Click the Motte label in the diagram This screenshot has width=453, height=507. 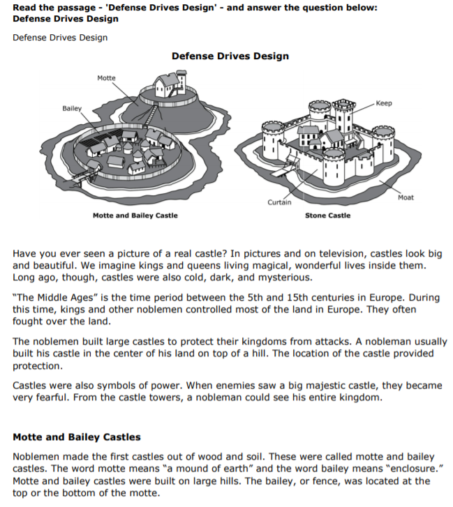(x=107, y=78)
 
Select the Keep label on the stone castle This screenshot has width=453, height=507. (x=384, y=103)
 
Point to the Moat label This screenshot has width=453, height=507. (x=406, y=197)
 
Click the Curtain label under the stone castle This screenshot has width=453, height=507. (x=279, y=202)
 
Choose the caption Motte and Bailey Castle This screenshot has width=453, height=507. (x=135, y=215)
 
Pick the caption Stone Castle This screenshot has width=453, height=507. (x=328, y=215)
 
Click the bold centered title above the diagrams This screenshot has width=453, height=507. (x=230, y=56)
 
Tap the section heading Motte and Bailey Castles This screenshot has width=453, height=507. (x=77, y=437)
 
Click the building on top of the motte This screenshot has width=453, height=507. (x=167, y=84)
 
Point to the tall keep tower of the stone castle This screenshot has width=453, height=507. (x=343, y=115)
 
